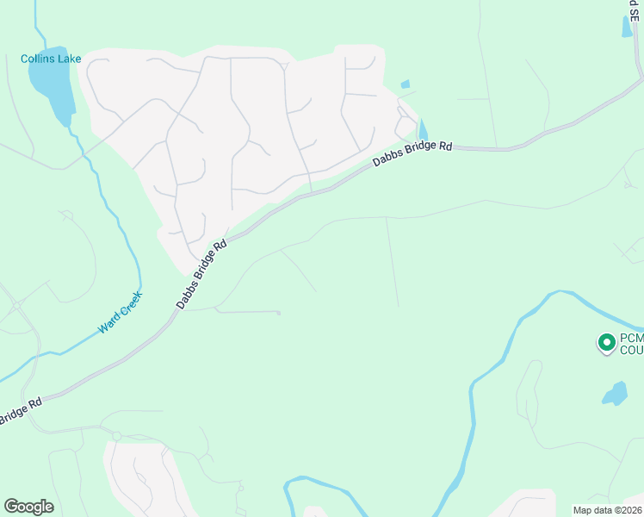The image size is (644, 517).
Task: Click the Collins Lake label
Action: (x=51, y=59)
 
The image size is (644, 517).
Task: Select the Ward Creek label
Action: (x=120, y=313)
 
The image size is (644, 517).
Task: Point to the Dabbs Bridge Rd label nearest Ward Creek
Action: (x=202, y=274)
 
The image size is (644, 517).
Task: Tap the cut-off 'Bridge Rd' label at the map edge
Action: (x=20, y=412)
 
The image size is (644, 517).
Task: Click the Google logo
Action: (x=28, y=507)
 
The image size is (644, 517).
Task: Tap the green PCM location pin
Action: (x=606, y=343)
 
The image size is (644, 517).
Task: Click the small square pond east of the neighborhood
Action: (x=405, y=84)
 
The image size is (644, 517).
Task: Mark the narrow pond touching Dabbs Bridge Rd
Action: (x=422, y=130)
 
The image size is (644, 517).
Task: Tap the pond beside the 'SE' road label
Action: (x=626, y=26)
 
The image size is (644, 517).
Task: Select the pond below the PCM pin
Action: (x=615, y=394)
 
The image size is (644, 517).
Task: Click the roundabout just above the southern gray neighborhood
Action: (x=117, y=436)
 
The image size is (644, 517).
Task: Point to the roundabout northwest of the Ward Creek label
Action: (x=16, y=305)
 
